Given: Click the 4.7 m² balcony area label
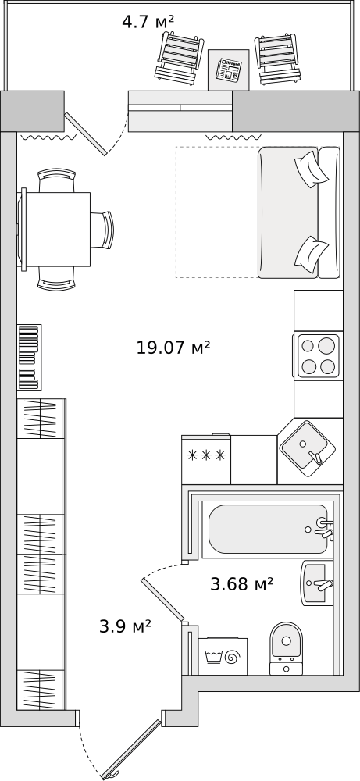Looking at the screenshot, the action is tap(148, 22).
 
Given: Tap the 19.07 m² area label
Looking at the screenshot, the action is tap(173, 348).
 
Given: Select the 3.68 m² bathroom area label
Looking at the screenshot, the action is tap(242, 583).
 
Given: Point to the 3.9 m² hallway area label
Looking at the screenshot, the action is tap(126, 626).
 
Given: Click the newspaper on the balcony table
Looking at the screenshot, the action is tap(229, 70).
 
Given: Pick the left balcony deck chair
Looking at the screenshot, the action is tap(180, 59).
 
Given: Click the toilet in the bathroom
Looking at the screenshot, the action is tap(287, 648).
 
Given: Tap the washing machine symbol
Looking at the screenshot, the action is tap(223, 657).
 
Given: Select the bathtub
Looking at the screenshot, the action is tap(269, 529).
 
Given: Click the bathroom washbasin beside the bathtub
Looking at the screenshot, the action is tap(317, 583).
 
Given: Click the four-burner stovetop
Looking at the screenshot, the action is tap(318, 355).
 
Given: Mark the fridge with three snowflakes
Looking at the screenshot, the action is tap(206, 459).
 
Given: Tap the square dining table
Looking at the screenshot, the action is tap(55, 229).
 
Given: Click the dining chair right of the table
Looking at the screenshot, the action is tap(102, 230).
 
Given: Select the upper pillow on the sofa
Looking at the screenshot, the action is tap(312, 169).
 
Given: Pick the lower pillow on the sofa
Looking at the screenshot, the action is tap(312, 252).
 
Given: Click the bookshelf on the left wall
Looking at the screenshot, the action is tap(30, 357).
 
